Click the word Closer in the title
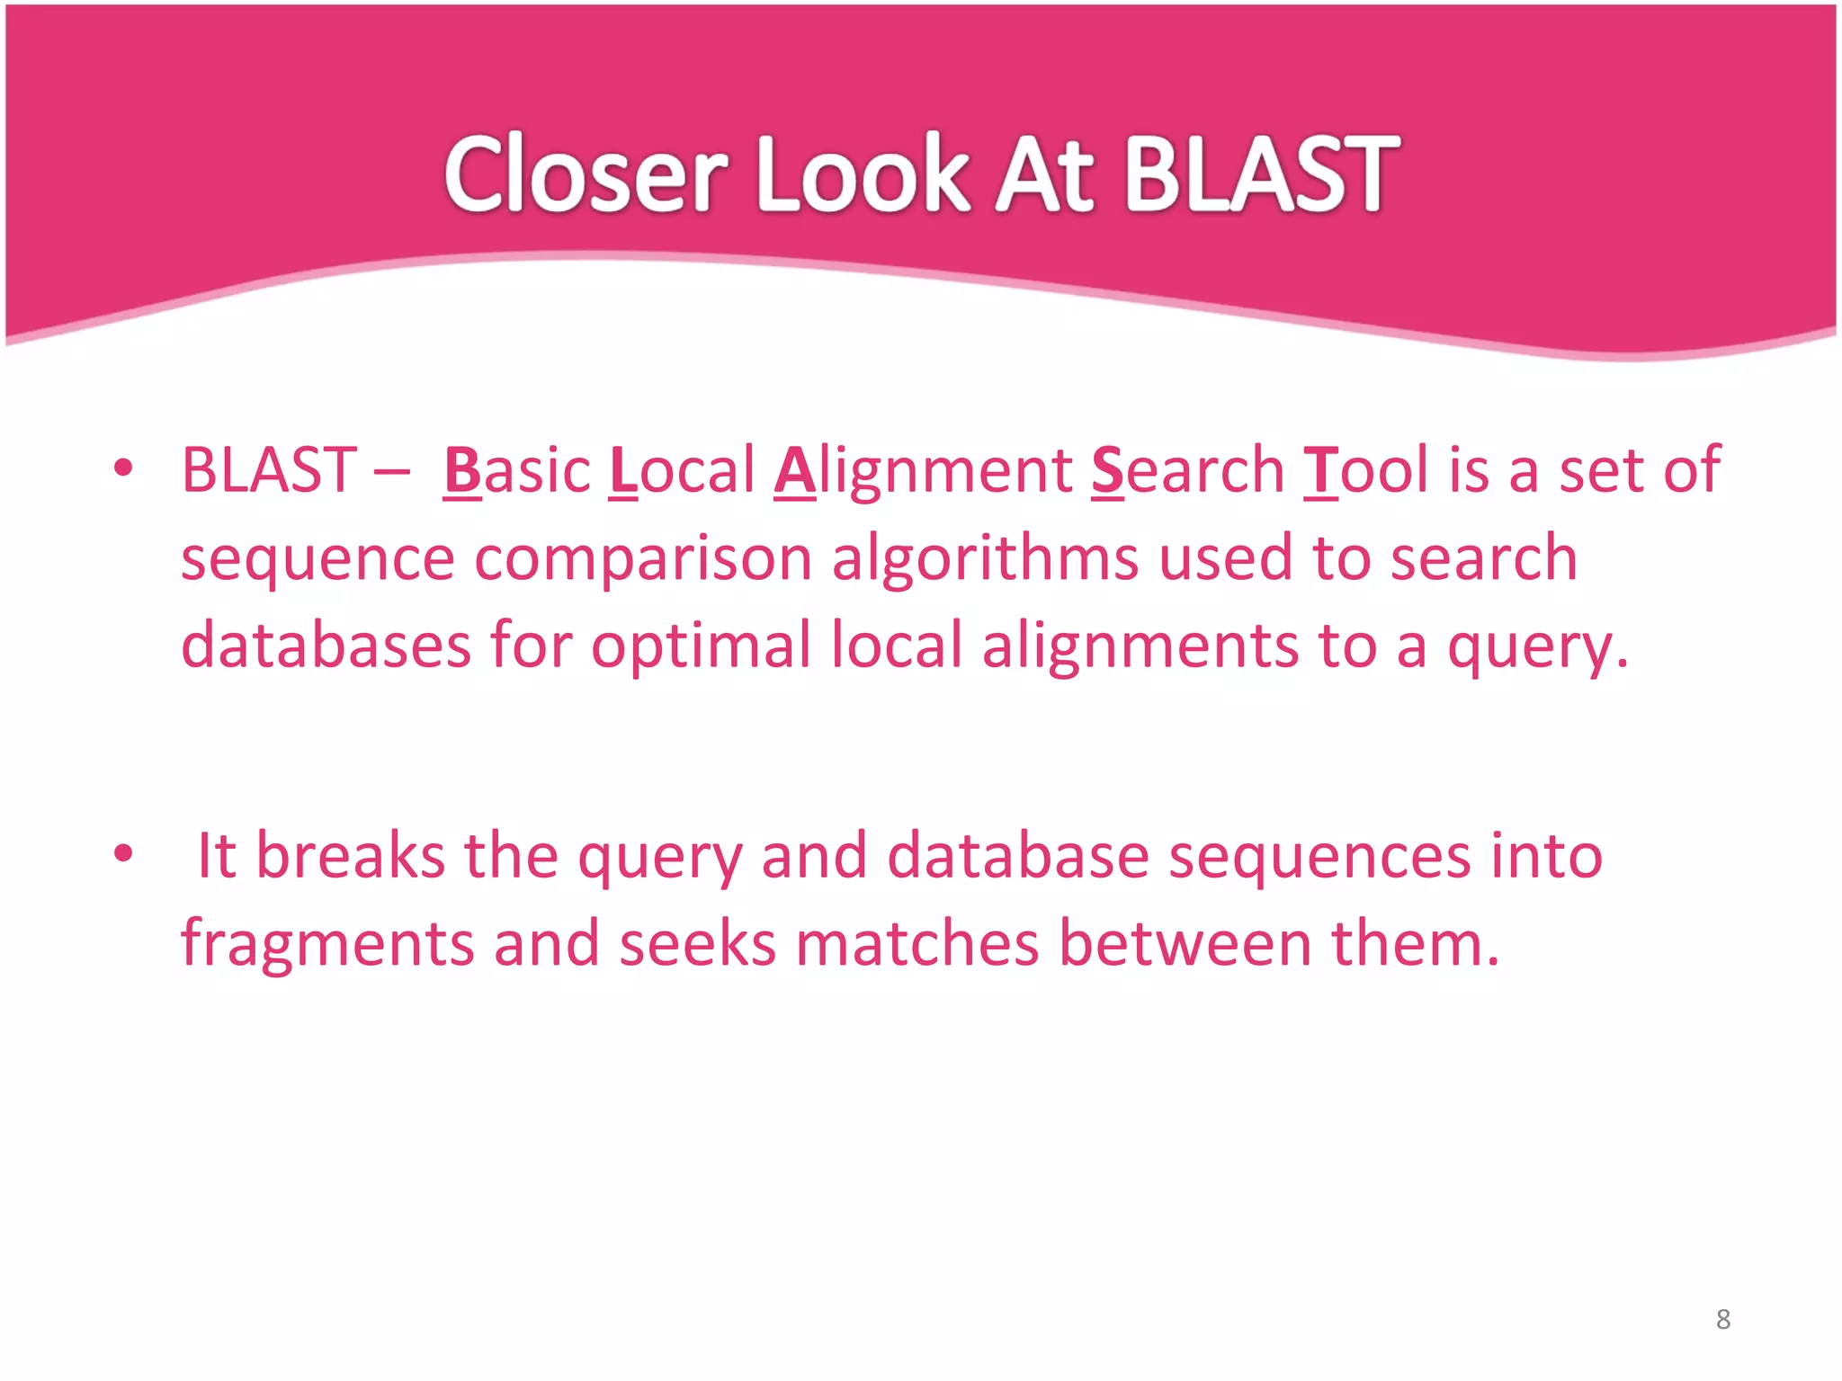pyautogui.click(x=586, y=174)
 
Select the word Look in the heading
pyautogui.click(x=863, y=174)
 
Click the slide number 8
pyautogui.click(x=1723, y=1319)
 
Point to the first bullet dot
pyautogui.click(x=123, y=468)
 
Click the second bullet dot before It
pyautogui.click(x=123, y=853)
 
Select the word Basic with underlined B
pyautogui.click(x=517, y=470)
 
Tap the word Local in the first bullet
pyautogui.click(x=682, y=470)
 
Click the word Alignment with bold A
pyautogui.click(x=923, y=470)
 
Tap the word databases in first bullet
pyautogui.click(x=326, y=646)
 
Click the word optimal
pyautogui.click(x=701, y=646)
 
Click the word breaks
pyautogui.click(x=351, y=855)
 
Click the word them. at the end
pyautogui.click(x=1416, y=944)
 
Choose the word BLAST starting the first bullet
pyautogui.click(x=269, y=470)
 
